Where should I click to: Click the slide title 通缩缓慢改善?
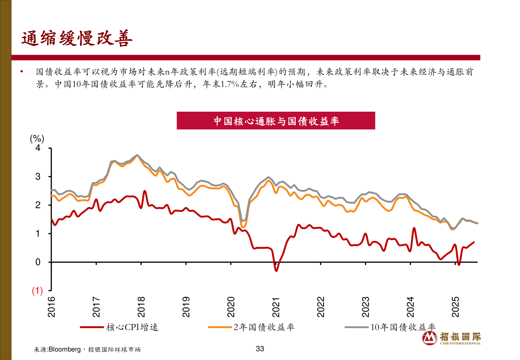77,38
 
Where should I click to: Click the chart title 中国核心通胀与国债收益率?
276,121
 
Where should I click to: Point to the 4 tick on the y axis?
38,148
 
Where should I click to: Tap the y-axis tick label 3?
38,177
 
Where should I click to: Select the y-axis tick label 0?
38,262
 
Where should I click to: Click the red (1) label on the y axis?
37,291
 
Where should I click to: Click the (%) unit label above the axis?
37,139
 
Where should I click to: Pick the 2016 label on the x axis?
52,307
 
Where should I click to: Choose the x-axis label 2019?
186,307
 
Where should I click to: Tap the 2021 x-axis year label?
276,307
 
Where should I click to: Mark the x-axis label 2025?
455,307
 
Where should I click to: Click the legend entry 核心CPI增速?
132,327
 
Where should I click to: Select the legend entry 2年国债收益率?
264,327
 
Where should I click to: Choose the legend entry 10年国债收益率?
403,327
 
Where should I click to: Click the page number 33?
260,349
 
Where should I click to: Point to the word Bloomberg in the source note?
65,349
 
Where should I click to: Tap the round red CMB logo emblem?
430,338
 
